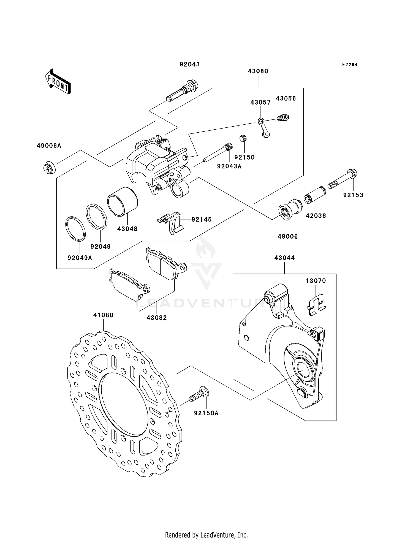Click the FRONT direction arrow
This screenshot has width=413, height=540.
tap(58, 81)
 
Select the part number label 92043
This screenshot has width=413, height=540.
tap(190, 64)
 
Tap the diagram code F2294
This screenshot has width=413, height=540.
tap(350, 65)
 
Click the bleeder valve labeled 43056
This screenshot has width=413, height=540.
tap(284, 118)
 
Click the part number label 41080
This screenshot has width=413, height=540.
tap(103, 315)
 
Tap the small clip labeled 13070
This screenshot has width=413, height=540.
tap(316, 304)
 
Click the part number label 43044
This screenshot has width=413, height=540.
tap(284, 258)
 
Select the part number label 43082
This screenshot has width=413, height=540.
tap(157, 318)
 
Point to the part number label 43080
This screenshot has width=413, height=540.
tap(258, 71)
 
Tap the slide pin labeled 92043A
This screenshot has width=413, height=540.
tap(218, 153)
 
